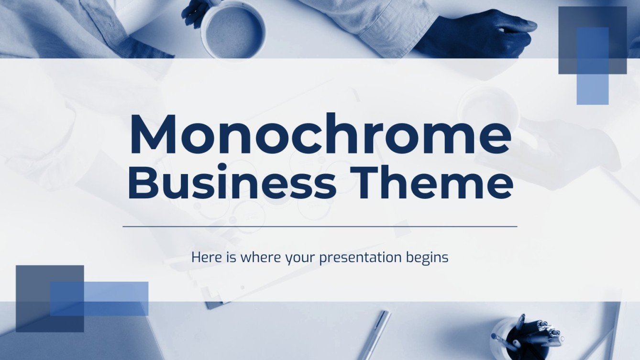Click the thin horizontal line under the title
click(x=320, y=226)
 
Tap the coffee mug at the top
click(x=232, y=29)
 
